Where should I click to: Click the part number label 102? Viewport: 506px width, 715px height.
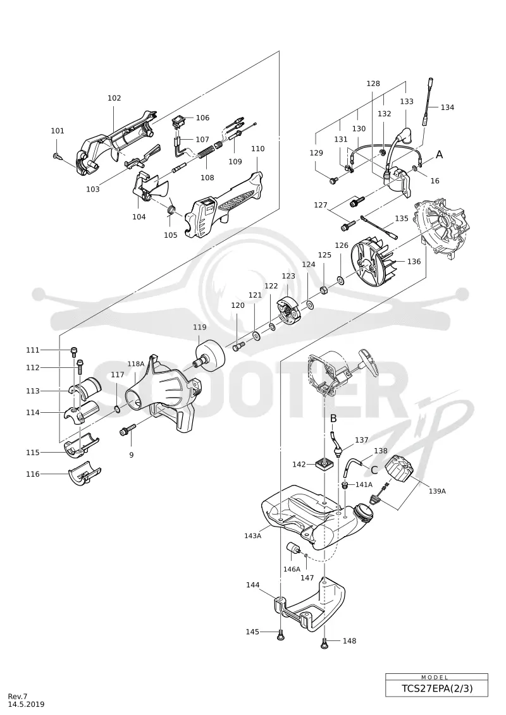coord(114,98)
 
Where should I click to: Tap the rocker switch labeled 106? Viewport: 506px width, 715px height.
coord(179,122)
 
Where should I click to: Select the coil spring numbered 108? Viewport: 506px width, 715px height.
coord(208,150)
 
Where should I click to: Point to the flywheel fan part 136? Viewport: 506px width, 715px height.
coord(372,264)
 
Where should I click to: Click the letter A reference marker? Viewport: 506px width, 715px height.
coord(439,155)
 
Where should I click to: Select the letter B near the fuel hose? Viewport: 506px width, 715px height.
coord(333,418)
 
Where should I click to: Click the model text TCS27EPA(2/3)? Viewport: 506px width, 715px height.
coord(436,688)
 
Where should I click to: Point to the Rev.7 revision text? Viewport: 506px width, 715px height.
coord(18,696)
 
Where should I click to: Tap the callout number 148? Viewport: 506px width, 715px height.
coord(349,640)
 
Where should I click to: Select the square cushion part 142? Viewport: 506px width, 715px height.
coord(324,464)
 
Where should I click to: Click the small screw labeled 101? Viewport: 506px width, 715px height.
coord(58,156)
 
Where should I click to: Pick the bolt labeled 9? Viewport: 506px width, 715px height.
coord(128,430)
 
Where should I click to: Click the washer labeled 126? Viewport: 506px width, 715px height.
coord(341,279)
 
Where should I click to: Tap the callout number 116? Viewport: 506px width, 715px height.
coord(33,474)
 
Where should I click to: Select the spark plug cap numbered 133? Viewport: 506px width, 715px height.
coord(400,139)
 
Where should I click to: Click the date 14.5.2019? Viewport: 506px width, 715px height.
coord(27,704)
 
